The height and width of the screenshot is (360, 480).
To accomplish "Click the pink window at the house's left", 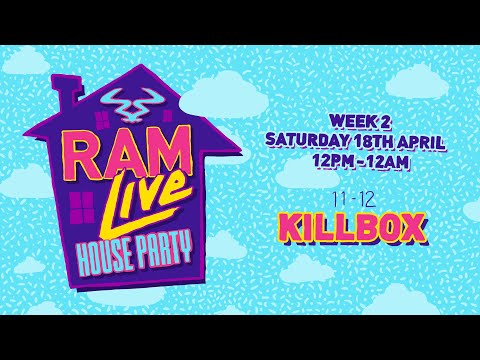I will pos(77,207).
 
